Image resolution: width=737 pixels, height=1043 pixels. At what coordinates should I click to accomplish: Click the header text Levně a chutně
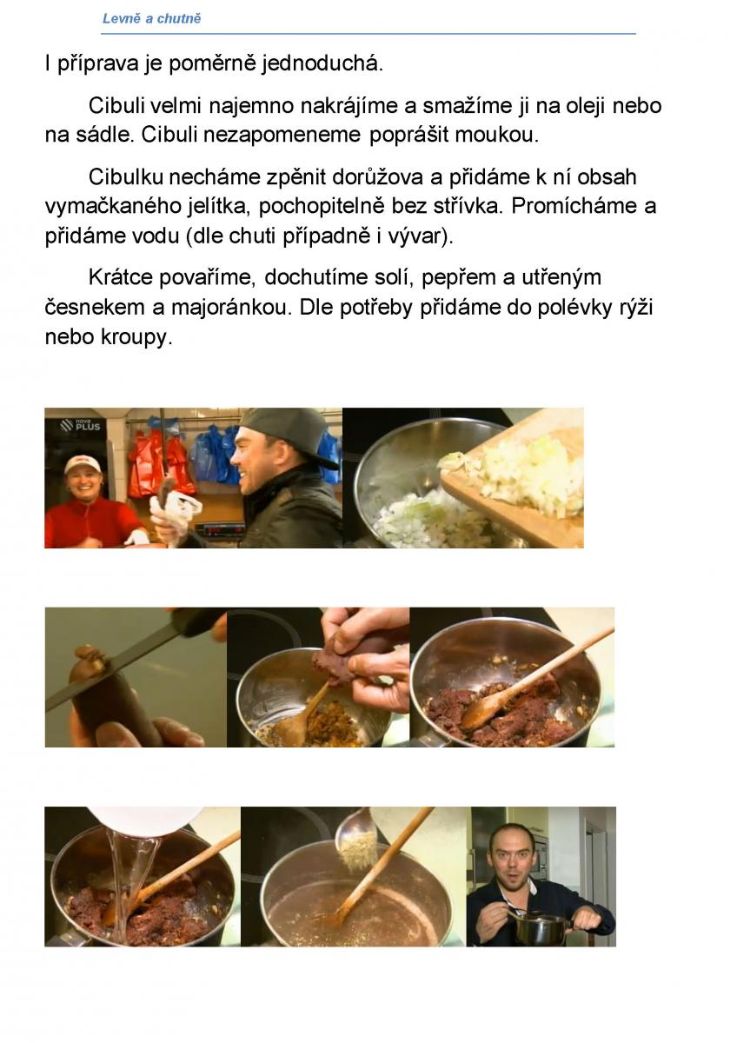(152, 18)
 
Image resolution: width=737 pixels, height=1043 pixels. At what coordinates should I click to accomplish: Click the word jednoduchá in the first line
(322, 63)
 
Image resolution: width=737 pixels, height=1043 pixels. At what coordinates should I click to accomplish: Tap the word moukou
(497, 135)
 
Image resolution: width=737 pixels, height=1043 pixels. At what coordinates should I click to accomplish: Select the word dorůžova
(372, 177)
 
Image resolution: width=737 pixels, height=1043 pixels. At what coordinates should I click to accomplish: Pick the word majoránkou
(231, 308)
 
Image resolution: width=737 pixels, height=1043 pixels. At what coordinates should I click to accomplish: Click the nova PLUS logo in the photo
(80, 425)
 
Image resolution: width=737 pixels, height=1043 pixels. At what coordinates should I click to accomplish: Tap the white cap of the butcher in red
(83, 463)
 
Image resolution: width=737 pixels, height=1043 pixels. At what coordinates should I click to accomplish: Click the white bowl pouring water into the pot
(145, 820)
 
